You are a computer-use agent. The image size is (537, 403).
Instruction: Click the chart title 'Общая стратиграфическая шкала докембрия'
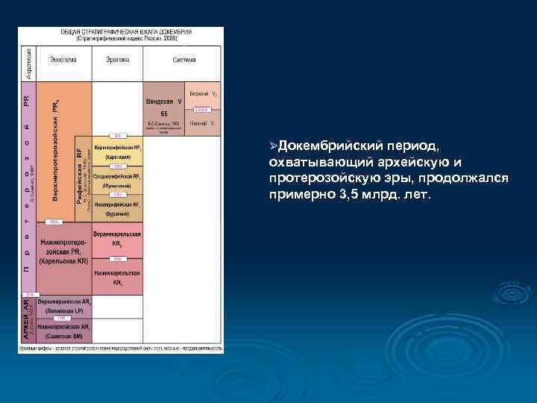(126, 32)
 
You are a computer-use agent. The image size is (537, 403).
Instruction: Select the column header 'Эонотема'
(63, 60)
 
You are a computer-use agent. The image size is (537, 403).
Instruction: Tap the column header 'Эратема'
(117, 60)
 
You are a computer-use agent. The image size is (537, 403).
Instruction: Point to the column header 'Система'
(183, 60)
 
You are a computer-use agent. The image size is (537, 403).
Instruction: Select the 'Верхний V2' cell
(203, 95)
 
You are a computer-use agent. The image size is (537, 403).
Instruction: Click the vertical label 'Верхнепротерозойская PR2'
(57, 149)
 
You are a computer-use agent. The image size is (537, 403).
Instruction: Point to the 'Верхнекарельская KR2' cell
(117, 239)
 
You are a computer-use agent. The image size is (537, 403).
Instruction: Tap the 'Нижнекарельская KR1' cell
(117, 278)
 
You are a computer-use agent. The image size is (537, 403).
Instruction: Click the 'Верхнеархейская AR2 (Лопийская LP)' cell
(64, 306)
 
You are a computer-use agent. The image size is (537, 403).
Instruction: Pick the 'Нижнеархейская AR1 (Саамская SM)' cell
(64, 331)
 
